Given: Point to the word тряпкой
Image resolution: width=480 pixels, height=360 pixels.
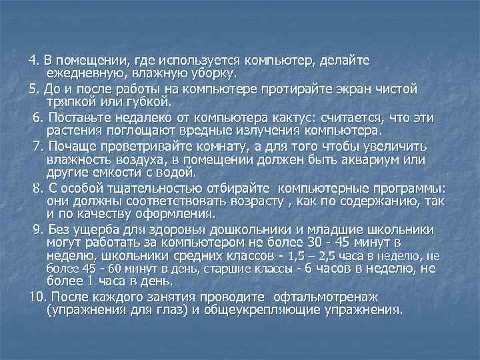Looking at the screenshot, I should pos(71,101).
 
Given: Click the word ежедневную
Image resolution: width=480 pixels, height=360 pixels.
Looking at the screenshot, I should pos(84,72).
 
